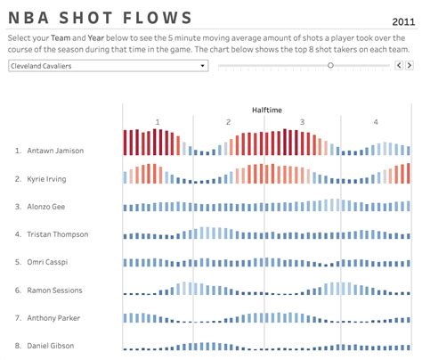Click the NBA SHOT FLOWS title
100,18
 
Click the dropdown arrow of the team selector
203,66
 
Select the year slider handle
330,65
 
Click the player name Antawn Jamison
55,151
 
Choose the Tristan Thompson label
58,234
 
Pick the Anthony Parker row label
54,318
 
